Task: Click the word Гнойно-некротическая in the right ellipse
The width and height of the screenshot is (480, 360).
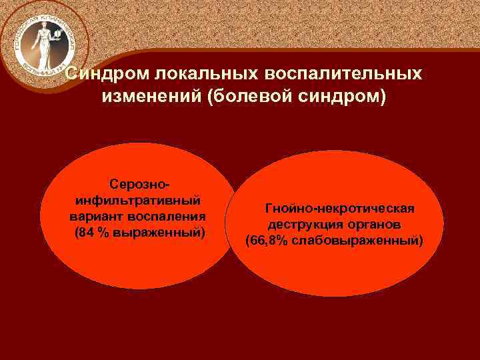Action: [339, 209]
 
